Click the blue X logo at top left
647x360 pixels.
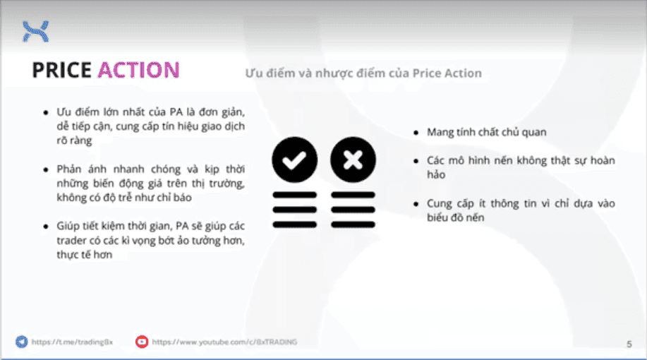click(35, 30)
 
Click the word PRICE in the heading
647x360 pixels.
click(62, 70)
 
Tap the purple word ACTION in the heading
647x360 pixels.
click(138, 70)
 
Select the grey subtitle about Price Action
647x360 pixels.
click(363, 73)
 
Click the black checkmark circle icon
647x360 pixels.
click(294, 160)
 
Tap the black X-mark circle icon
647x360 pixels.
click(351, 160)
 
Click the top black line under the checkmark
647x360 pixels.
click(294, 195)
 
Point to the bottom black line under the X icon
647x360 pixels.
click(351, 224)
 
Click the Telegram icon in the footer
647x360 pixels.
click(21, 342)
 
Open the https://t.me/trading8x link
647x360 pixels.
click(72, 342)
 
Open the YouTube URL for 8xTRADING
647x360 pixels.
click(224, 342)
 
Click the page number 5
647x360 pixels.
click(629, 344)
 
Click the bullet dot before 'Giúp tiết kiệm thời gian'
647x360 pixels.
click(46, 226)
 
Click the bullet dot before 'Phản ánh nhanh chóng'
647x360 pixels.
click(46, 170)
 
